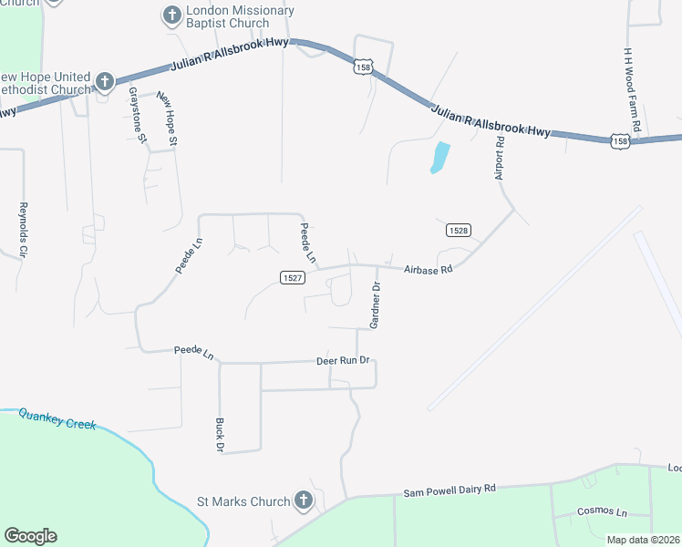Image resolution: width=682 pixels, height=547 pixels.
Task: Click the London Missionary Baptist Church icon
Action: coord(171,15)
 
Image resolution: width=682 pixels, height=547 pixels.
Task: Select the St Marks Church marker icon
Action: coord(303,501)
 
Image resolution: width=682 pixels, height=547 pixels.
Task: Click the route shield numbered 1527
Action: coord(291,277)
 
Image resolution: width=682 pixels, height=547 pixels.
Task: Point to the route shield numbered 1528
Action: coord(459,231)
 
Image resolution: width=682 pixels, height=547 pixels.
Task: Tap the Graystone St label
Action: coord(137,115)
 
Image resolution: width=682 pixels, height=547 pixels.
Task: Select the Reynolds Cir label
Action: coord(24,229)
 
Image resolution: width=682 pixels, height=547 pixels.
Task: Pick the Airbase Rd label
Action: coord(429,270)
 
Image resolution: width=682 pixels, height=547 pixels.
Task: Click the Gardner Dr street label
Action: coord(375,304)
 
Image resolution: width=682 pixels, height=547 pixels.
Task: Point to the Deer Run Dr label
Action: coord(342,360)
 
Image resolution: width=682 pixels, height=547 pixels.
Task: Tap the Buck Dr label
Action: coord(219,436)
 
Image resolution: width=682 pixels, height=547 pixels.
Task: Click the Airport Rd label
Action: coord(500,158)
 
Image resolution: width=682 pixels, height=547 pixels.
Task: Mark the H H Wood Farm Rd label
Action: coord(635,88)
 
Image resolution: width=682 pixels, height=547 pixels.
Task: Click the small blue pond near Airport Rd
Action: coord(439,158)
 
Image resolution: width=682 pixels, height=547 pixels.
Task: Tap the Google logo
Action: coord(30,536)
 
